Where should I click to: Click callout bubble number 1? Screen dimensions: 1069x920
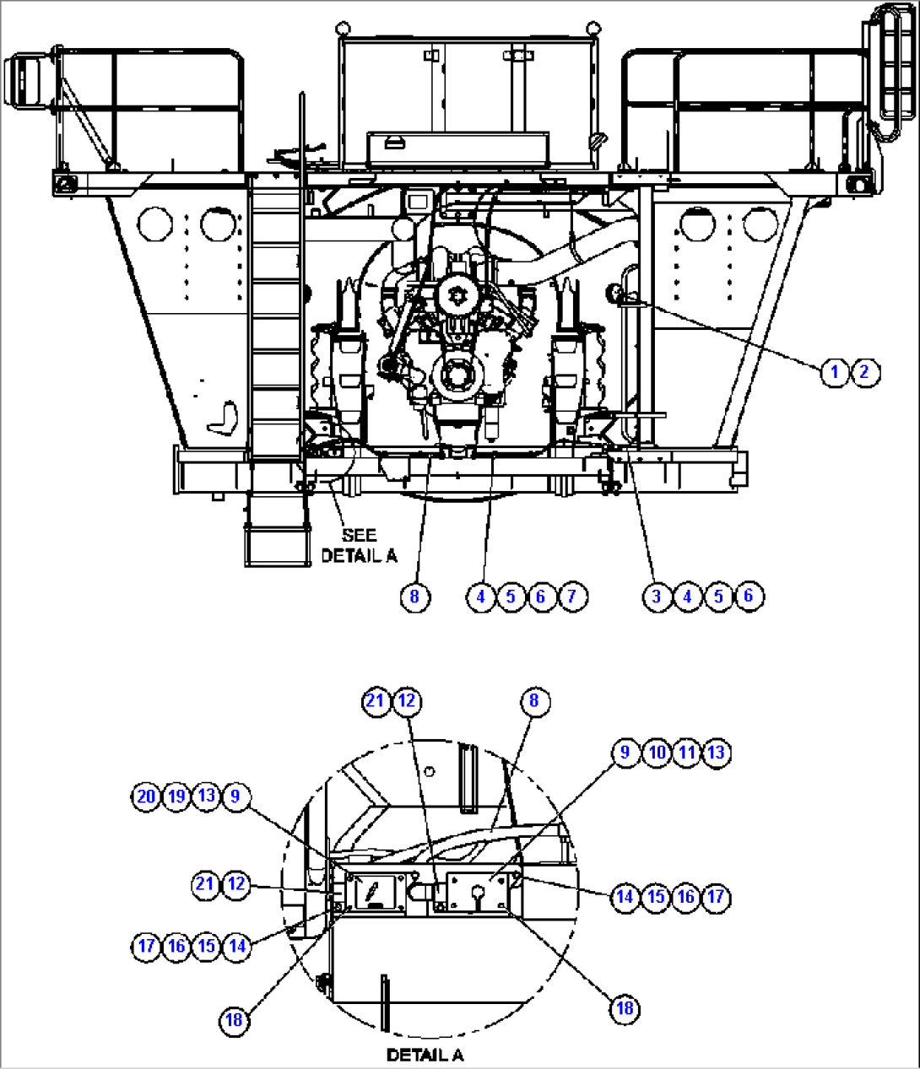[834, 371]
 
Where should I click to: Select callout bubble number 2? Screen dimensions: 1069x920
[864, 371]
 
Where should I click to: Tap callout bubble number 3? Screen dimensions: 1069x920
[657, 597]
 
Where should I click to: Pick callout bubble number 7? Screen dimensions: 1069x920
[571, 597]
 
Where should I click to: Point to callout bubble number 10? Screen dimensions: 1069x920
[657, 752]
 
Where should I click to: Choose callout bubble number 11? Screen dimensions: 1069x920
[687, 752]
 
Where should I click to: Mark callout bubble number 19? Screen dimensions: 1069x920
[176, 796]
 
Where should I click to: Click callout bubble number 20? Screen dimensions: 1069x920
[146, 796]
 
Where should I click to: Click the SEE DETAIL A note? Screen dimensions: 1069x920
[359, 545]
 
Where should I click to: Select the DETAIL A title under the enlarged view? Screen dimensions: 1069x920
[425, 1055]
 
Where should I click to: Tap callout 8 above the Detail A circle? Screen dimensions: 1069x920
[533, 701]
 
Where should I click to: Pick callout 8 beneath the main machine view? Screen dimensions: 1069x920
[414, 597]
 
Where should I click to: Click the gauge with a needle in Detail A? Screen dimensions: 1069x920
[374, 893]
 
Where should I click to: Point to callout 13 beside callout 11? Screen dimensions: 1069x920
[717, 752]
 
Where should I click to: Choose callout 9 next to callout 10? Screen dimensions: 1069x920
[625, 752]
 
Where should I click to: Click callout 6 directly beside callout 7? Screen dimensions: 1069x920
[541, 597]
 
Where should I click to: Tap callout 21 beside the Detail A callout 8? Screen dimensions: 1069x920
[376, 701]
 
